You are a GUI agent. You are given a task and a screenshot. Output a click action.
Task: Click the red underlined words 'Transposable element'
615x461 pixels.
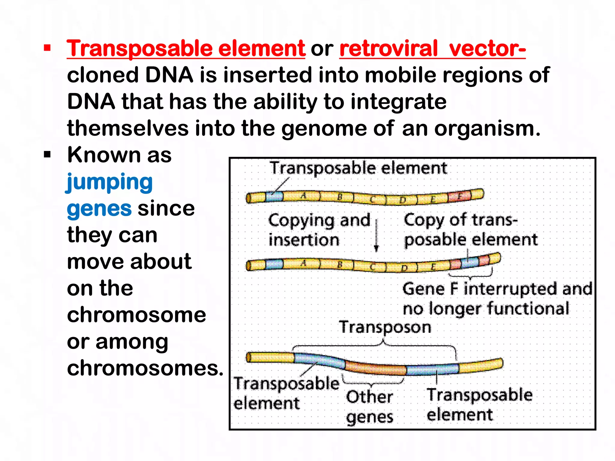pyautogui.click(x=186, y=49)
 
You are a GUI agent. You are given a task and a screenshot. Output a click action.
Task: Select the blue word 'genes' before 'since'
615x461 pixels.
pyautogui.click(x=99, y=209)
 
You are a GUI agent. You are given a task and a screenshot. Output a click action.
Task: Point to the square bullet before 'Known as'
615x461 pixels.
pyautogui.click(x=47, y=155)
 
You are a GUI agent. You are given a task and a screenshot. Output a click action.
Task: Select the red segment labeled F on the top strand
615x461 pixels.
pyautogui.click(x=459, y=197)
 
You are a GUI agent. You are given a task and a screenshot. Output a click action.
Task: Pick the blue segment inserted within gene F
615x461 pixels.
pyautogui.click(x=470, y=262)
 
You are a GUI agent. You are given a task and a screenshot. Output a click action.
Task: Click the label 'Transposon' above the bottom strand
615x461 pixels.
pyautogui.click(x=385, y=327)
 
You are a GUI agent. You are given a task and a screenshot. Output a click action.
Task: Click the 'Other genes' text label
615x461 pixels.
pyautogui.click(x=369, y=407)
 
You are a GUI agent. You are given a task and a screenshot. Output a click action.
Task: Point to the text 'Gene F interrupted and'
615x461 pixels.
pyautogui.click(x=497, y=289)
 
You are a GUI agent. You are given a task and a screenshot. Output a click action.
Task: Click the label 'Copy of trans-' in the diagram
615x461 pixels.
pyautogui.click(x=460, y=220)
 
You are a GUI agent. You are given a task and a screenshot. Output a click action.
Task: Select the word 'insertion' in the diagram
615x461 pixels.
pyautogui.click(x=304, y=240)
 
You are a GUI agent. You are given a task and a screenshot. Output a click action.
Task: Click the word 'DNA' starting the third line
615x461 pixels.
pyautogui.click(x=91, y=101)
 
